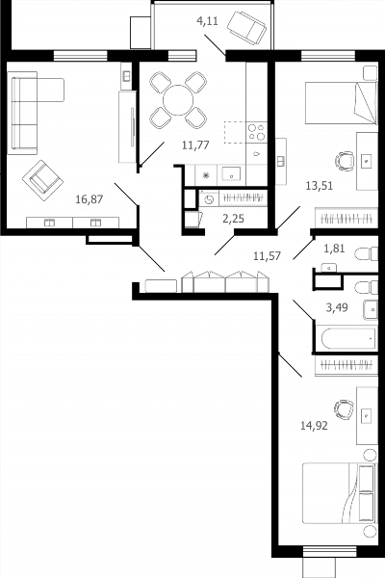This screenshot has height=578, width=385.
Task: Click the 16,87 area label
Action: tap(90, 199)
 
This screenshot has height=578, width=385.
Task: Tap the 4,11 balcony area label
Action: tap(208, 21)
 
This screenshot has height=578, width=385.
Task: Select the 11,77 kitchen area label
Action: tap(195, 144)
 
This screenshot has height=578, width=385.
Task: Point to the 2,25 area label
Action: tap(233, 219)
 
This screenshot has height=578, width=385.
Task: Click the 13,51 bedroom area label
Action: tap(320, 185)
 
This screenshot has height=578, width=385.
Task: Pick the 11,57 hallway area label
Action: tap(268, 255)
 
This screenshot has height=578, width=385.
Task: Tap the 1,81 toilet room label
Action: tap(334, 249)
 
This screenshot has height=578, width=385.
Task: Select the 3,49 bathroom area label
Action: tap(337, 307)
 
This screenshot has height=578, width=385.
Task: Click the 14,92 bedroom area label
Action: tap(314, 426)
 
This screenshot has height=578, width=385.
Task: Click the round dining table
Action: tap(178, 100)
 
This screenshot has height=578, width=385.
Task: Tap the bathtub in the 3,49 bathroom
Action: tap(348, 339)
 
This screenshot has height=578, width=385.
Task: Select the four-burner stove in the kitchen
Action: tap(256, 132)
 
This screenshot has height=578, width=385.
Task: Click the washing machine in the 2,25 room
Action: tap(209, 199)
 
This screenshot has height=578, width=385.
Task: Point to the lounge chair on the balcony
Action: tap(246, 28)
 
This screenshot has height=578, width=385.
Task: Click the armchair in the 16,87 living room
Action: tap(42, 180)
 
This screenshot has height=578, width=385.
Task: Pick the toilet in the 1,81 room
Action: tap(366, 254)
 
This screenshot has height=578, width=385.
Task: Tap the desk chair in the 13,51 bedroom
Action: tap(345, 161)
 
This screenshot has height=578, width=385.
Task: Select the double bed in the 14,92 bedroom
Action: tap(340, 493)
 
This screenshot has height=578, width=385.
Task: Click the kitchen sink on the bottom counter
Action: tap(231, 174)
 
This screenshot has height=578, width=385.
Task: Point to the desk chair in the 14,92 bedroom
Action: tap(345, 410)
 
